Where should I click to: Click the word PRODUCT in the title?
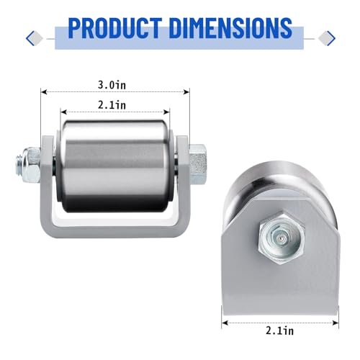[114, 28]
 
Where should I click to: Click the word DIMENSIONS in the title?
[230, 28]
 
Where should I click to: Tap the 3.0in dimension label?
[112, 85]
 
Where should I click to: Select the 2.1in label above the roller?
[112, 105]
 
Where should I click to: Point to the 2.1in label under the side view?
[279, 330]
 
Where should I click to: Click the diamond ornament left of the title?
[35, 38]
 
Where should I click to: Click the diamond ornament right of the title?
[327, 38]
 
